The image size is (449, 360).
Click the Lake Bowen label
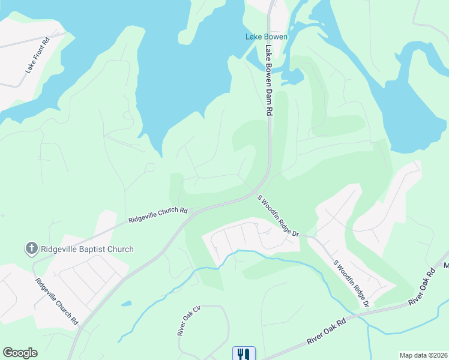click(267, 37)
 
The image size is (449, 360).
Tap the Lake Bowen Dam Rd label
click(269, 82)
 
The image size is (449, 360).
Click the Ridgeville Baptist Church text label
click(87, 249)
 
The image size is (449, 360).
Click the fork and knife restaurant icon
click(244, 353)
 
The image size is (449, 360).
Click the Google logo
click(20, 353)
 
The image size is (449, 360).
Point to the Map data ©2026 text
click(423, 355)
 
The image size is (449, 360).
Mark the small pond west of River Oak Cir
click(126, 304)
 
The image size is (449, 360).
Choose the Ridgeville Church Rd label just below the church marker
click(56, 301)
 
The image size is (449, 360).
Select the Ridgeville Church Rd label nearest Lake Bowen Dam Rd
click(158, 216)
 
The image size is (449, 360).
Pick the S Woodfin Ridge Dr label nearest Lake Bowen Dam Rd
click(279, 215)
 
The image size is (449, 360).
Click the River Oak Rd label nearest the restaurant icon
click(327, 331)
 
